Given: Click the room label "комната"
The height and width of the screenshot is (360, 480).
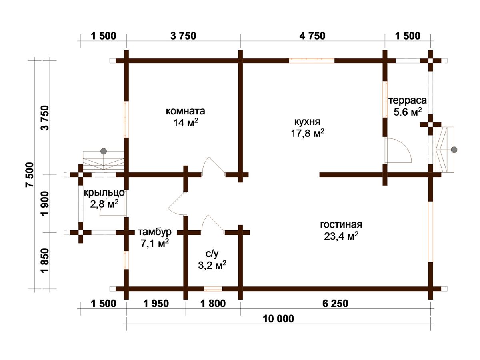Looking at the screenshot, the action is [185, 111].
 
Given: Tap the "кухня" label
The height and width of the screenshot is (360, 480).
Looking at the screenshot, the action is [307, 122].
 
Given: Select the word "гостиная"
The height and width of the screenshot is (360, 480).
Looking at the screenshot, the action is [341, 224].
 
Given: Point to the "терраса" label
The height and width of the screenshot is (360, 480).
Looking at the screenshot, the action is [407, 100].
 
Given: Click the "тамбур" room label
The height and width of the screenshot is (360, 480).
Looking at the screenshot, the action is [155, 232].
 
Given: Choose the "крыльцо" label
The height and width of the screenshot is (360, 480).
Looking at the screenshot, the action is [104, 193].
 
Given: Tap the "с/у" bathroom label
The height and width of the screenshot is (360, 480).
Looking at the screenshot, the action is [212, 254].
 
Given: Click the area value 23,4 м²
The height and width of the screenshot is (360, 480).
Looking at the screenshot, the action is [341, 236].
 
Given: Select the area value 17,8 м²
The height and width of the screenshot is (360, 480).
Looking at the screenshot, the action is [308, 133].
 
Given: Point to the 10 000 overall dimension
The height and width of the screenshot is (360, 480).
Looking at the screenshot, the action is [278, 319].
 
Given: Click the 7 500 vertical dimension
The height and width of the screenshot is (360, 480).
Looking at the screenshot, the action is [30, 175].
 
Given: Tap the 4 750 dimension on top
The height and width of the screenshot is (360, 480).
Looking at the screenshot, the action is [312, 36].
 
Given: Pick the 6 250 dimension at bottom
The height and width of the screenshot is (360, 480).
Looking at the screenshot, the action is [335, 304].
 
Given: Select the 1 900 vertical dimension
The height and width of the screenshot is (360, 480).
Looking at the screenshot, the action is [46, 203].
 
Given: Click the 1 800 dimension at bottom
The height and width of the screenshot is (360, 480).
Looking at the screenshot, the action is [213, 304].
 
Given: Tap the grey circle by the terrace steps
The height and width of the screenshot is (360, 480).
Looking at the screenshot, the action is [454, 150].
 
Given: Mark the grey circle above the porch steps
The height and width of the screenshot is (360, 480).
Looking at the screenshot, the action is [104, 151].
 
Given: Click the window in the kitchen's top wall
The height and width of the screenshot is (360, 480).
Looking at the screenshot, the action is [312, 60].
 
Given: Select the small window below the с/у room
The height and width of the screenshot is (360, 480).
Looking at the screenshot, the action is [213, 289].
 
